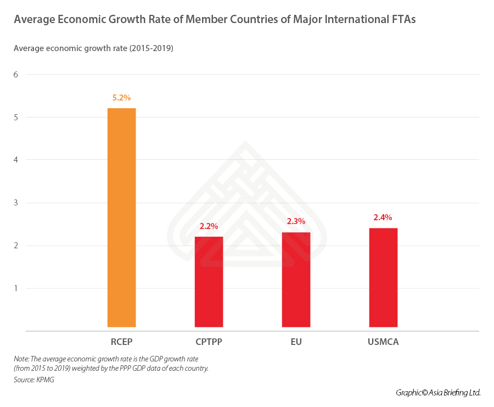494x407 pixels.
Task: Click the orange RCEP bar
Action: pos(121,218)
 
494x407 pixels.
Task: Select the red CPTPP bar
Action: pos(209,282)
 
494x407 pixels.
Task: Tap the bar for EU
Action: pos(296,280)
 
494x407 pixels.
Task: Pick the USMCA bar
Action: pos(383,277)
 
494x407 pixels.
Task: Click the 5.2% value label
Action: pos(121,98)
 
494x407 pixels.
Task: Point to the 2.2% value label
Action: pos(209,226)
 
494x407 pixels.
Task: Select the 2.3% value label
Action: pos(296,221)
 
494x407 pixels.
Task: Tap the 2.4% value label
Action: pos(383,218)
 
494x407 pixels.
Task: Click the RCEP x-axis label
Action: pos(121,342)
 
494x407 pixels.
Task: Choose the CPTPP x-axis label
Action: pos(209,342)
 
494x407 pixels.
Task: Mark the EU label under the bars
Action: pos(296,342)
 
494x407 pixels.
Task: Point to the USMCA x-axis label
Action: pos(383,342)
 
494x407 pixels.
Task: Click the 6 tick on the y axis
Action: pos(16,75)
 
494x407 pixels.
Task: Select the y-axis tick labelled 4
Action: pos(16,160)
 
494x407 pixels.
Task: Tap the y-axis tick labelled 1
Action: pos(16,288)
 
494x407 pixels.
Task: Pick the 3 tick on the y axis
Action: pos(16,203)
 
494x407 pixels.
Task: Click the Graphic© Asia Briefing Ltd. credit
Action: pos(438,393)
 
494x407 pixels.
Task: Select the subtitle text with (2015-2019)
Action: pos(93,48)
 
